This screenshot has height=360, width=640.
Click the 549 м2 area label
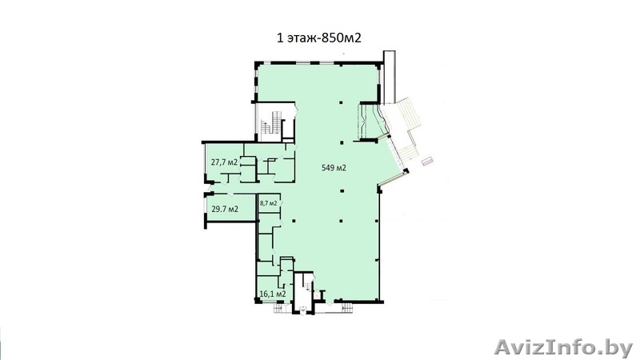click(x=334, y=168)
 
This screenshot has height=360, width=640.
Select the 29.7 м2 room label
click(x=224, y=210)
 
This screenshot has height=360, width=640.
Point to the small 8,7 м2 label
click(x=269, y=203)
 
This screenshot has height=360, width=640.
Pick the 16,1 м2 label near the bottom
click(x=273, y=294)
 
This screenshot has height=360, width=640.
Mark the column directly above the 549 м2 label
click(x=341, y=142)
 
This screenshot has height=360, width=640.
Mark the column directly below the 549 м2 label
click(x=341, y=190)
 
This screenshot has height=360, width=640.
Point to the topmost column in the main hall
click(x=341, y=102)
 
